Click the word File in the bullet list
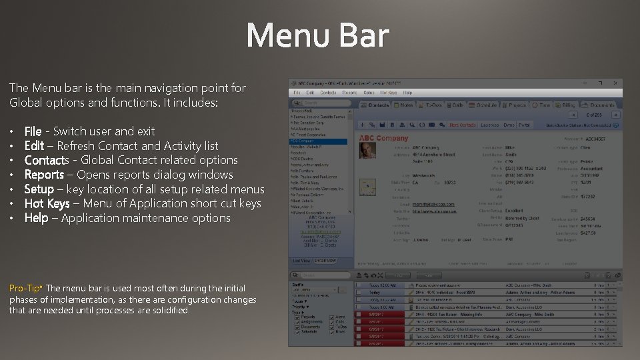coord(33,131)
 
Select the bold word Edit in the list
coord(34,146)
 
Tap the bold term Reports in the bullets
coord(44,175)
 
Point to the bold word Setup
coord(39,189)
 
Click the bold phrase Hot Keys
coord(47,204)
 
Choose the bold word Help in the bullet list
coord(36,219)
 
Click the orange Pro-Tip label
coord(26,288)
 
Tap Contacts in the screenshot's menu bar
coord(327,93)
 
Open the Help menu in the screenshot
coord(407,93)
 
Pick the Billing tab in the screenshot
coord(566,105)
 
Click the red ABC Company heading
coord(383,138)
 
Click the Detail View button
coord(325,261)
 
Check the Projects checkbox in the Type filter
coord(297,317)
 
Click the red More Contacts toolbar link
coord(462,125)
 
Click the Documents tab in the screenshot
coord(601,105)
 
